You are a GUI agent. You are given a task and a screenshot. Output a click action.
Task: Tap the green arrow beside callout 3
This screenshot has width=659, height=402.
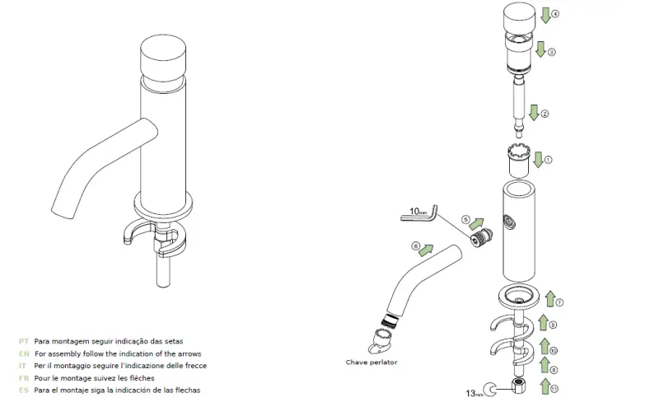[540, 49]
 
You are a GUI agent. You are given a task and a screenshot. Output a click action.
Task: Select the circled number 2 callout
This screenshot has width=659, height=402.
[544, 113]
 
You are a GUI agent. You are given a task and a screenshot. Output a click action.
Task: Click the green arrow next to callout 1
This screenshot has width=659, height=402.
[537, 158]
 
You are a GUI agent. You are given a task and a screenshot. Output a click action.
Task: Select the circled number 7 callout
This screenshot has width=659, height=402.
[559, 302]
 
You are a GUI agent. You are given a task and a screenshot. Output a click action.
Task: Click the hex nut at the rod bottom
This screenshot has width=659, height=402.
[516, 389]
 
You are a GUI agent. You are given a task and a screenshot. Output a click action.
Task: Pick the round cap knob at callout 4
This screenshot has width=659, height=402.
[520, 16]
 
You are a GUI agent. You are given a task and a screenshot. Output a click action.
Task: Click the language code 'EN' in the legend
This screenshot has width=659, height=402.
[24, 353]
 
